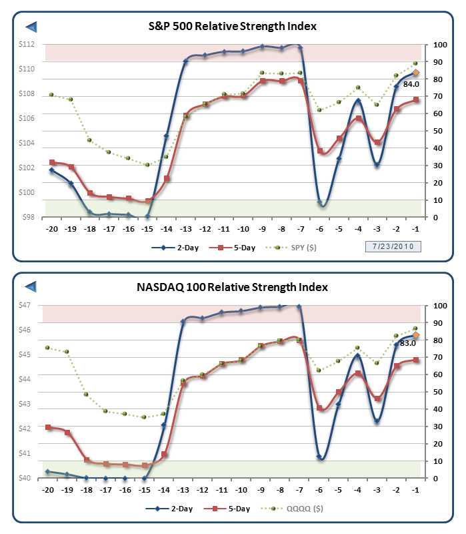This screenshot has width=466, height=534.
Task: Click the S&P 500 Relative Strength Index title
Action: [232, 26]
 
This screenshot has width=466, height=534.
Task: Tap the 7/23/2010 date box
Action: [393, 246]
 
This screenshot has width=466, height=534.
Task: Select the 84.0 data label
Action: [411, 83]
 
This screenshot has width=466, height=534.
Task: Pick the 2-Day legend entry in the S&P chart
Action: [167, 248]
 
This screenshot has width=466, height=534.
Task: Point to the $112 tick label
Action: [27, 45]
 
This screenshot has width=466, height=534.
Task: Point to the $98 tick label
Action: [29, 218]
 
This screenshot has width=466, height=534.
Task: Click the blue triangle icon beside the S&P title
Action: [31, 27]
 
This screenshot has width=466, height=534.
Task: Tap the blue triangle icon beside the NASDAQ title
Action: [31, 287]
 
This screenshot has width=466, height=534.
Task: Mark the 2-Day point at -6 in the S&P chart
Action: [321, 203]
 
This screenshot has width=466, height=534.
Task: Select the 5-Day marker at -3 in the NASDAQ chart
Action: [378, 399]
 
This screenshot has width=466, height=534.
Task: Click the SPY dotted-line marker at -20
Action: [51, 95]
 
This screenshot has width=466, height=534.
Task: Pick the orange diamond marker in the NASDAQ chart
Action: [416, 335]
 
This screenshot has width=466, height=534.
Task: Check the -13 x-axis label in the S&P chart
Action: [186, 228]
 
